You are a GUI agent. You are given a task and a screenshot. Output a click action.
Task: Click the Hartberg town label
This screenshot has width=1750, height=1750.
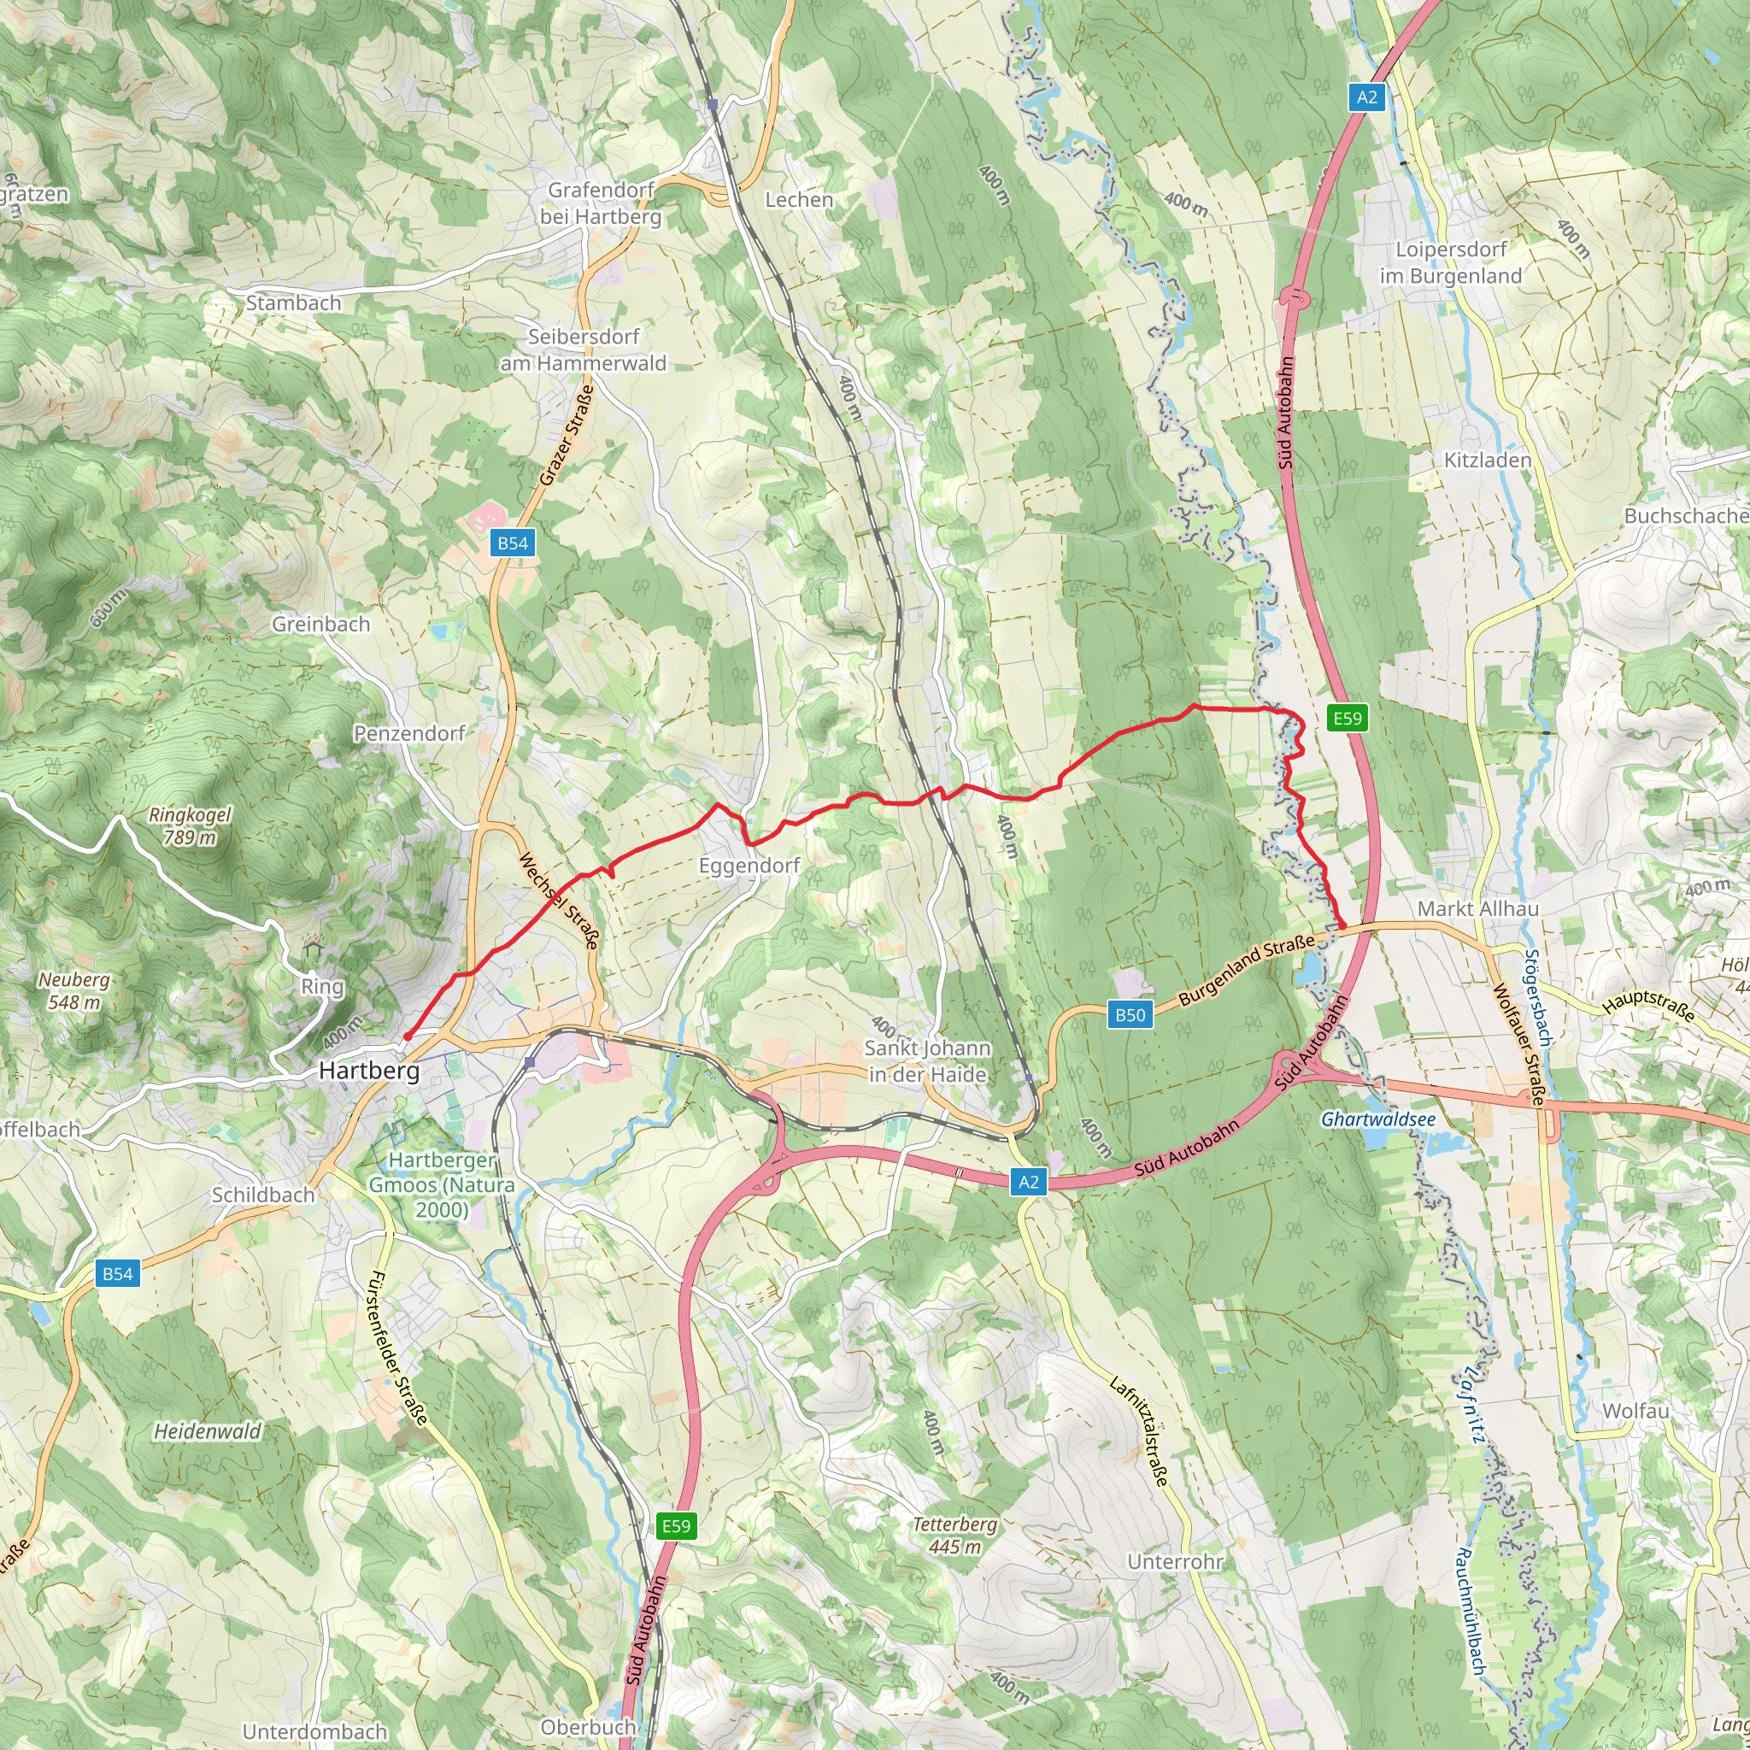coord(368,1071)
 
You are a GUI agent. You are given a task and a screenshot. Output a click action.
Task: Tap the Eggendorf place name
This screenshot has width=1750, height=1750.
coord(749,865)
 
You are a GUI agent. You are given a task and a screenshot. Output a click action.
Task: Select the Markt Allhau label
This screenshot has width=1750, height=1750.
coord(1477,908)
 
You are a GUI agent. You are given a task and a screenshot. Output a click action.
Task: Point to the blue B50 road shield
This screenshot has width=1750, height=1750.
coord(1130,1014)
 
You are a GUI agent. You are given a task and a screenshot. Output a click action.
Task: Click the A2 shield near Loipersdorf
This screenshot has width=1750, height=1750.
coord(1367,97)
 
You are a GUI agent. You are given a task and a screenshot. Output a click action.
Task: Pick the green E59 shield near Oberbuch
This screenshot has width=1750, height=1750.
coord(676,1526)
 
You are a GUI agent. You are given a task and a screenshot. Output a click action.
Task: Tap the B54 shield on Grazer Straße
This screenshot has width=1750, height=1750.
coord(513,543)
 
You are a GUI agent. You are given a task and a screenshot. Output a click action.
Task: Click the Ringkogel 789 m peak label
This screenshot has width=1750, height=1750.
coord(190,826)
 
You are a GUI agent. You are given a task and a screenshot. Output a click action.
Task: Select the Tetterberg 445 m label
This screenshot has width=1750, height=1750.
coord(954,1536)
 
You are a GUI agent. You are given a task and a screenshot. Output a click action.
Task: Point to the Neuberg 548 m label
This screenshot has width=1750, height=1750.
coord(74,991)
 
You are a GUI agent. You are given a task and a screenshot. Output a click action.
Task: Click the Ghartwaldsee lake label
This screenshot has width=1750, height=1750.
coord(1377,1119)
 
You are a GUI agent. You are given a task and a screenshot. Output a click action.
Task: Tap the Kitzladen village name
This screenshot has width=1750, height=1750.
coord(1488,461)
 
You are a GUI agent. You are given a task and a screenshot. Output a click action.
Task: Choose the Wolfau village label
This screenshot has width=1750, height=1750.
coord(1635,1412)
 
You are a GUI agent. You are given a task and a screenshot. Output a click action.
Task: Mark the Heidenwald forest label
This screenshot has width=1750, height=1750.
coord(208,1431)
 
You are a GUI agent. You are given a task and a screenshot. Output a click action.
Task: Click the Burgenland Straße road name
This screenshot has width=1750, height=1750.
coord(1247,970)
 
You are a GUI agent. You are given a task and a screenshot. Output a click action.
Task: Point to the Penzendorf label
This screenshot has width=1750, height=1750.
coord(408,733)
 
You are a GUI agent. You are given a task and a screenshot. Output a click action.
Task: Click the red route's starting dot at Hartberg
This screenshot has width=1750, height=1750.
coord(408,1036)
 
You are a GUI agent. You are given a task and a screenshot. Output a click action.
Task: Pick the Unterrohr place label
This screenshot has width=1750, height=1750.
coord(1175,1562)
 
